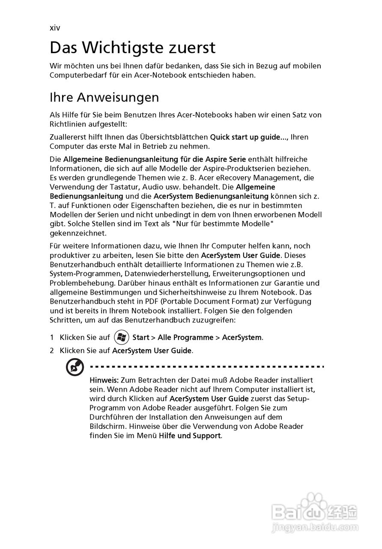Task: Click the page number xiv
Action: pos(55,28)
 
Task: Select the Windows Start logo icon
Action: pos(122,337)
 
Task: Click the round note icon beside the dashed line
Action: pos(75,368)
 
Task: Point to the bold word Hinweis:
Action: pos(104,380)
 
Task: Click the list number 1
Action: pos(52,338)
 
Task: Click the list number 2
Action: pos(52,351)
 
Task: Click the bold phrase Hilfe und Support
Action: pos(190,436)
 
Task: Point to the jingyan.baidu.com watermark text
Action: pos(316,526)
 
